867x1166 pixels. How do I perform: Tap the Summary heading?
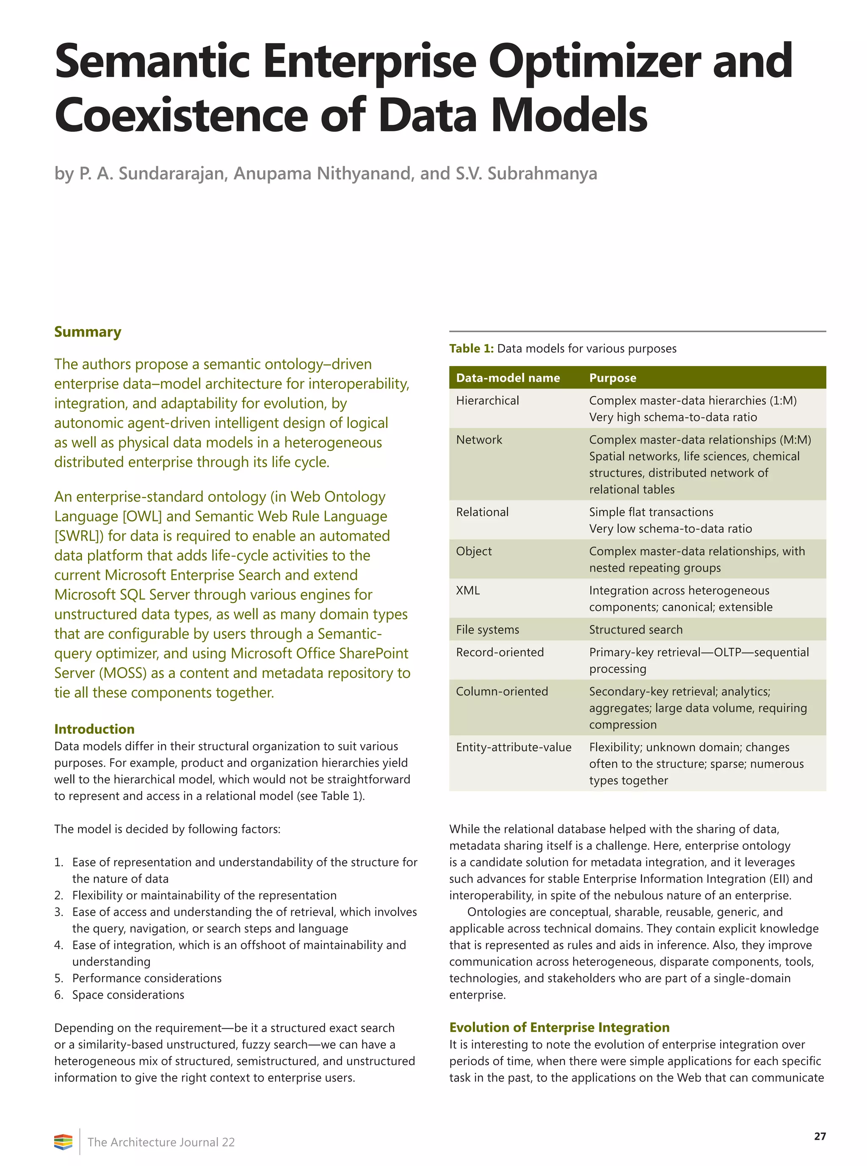click(x=88, y=332)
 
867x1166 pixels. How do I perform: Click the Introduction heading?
click(x=94, y=729)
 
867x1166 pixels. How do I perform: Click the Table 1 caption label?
click(x=471, y=349)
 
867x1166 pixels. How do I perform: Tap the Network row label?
click(x=479, y=440)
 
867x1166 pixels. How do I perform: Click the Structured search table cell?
click(x=635, y=630)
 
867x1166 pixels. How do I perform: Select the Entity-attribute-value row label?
click(x=513, y=747)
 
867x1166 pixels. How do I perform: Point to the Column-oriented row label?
click(x=502, y=692)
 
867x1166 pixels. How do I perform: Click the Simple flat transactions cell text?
click(x=651, y=512)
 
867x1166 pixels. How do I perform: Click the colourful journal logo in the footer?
click(x=63, y=1142)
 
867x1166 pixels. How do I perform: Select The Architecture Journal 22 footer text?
click(x=161, y=1142)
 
